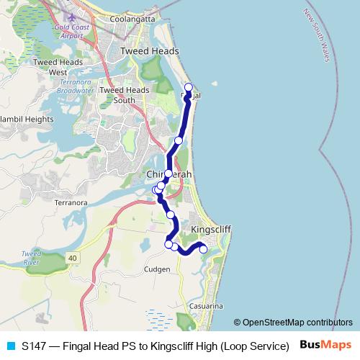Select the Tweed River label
click(x=31, y=258)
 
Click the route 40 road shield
click(x=73, y=257)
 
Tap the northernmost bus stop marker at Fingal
click(x=189, y=88)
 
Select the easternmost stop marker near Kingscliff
click(x=203, y=249)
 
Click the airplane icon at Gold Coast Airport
click(x=70, y=16)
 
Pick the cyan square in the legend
click(x=10, y=346)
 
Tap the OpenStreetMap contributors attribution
click(x=293, y=323)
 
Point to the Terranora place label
click(x=71, y=203)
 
